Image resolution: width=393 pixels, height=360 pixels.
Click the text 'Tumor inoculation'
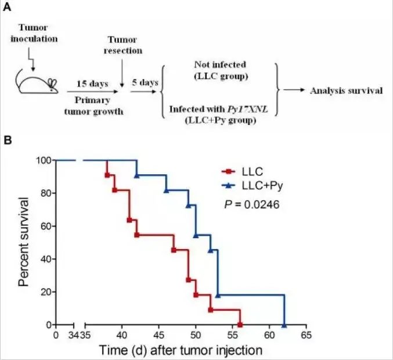(x=37, y=33)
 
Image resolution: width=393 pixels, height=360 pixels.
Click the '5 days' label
(x=145, y=82)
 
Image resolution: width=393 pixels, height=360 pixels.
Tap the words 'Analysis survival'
(x=346, y=91)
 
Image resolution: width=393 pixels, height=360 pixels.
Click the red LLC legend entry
(x=246, y=172)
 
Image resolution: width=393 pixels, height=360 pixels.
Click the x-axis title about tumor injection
(x=181, y=350)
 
